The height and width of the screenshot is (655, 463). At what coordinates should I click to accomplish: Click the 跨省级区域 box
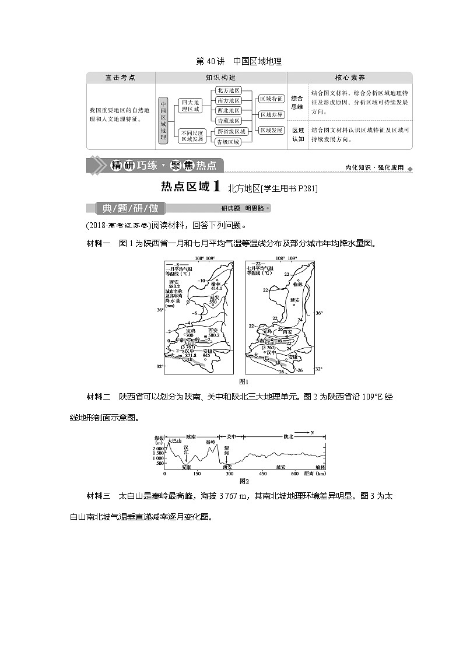tap(230, 132)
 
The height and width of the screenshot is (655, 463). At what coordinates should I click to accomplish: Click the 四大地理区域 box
tap(190, 105)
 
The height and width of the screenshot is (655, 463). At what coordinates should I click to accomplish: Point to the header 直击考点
tap(120, 78)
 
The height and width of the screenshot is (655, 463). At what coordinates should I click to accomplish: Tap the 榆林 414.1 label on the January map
tap(217, 285)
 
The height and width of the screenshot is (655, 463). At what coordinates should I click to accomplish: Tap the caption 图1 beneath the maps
tap(244, 381)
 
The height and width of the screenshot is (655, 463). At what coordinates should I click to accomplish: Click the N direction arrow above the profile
tap(306, 432)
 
